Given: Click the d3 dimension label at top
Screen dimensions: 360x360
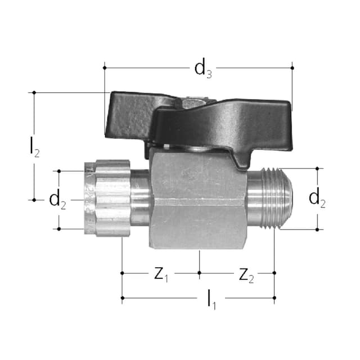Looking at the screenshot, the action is tap(203, 69).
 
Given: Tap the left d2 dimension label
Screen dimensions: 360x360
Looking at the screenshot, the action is tap(57, 200).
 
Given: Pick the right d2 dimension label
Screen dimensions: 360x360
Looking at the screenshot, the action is tap(317, 198).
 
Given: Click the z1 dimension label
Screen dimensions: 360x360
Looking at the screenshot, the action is tap(161, 274).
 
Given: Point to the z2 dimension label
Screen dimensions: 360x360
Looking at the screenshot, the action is tap(246, 275).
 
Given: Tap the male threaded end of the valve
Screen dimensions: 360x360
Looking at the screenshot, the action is tap(270, 199).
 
